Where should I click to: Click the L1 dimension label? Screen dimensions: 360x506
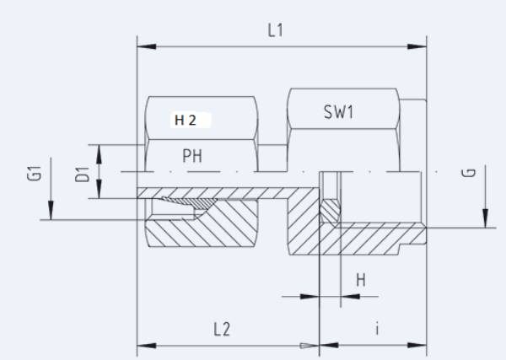coord(276,31)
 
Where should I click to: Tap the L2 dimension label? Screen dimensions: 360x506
coord(222,330)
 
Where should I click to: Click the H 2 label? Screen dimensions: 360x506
coord(186,120)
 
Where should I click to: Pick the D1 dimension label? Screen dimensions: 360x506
coord(82,175)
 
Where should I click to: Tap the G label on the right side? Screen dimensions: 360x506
coord(471,173)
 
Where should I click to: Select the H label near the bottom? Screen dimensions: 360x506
coord(360,278)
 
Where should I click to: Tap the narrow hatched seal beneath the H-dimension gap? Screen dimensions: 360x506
coord(330,209)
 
